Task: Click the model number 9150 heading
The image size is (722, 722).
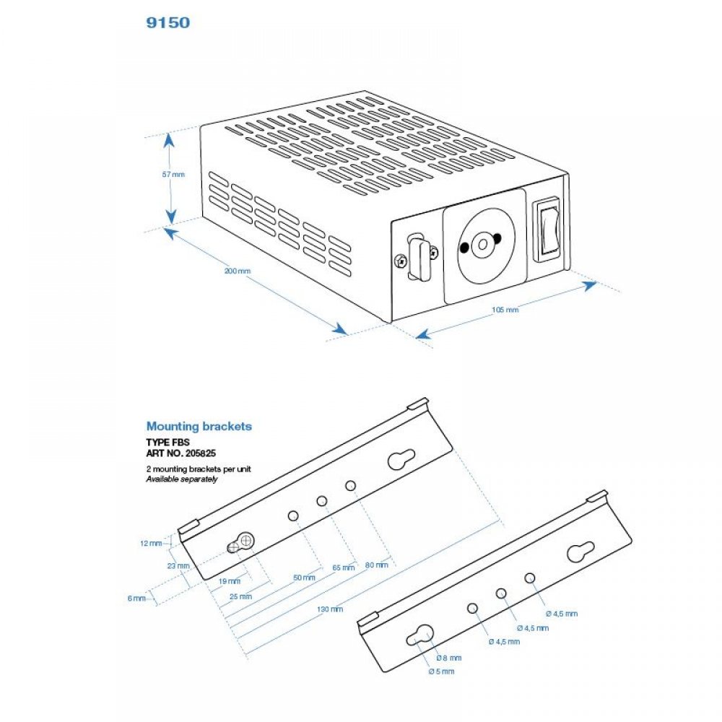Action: point(168,22)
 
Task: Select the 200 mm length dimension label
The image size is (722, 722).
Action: point(237,271)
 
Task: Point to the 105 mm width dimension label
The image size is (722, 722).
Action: point(505,310)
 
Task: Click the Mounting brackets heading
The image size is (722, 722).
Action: point(199,426)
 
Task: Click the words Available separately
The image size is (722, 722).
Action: point(181,479)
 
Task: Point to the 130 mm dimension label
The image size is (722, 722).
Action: point(330,609)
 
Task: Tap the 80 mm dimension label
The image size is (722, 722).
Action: point(376,565)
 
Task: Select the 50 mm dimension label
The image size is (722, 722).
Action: point(305,578)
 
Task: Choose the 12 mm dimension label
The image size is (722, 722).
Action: point(152,543)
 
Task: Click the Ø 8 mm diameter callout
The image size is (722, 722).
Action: point(449,658)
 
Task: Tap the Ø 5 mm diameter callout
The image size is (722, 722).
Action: point(441,672)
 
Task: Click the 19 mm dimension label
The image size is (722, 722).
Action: point(229,581)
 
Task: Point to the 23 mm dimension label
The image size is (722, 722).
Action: point(178,566)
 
